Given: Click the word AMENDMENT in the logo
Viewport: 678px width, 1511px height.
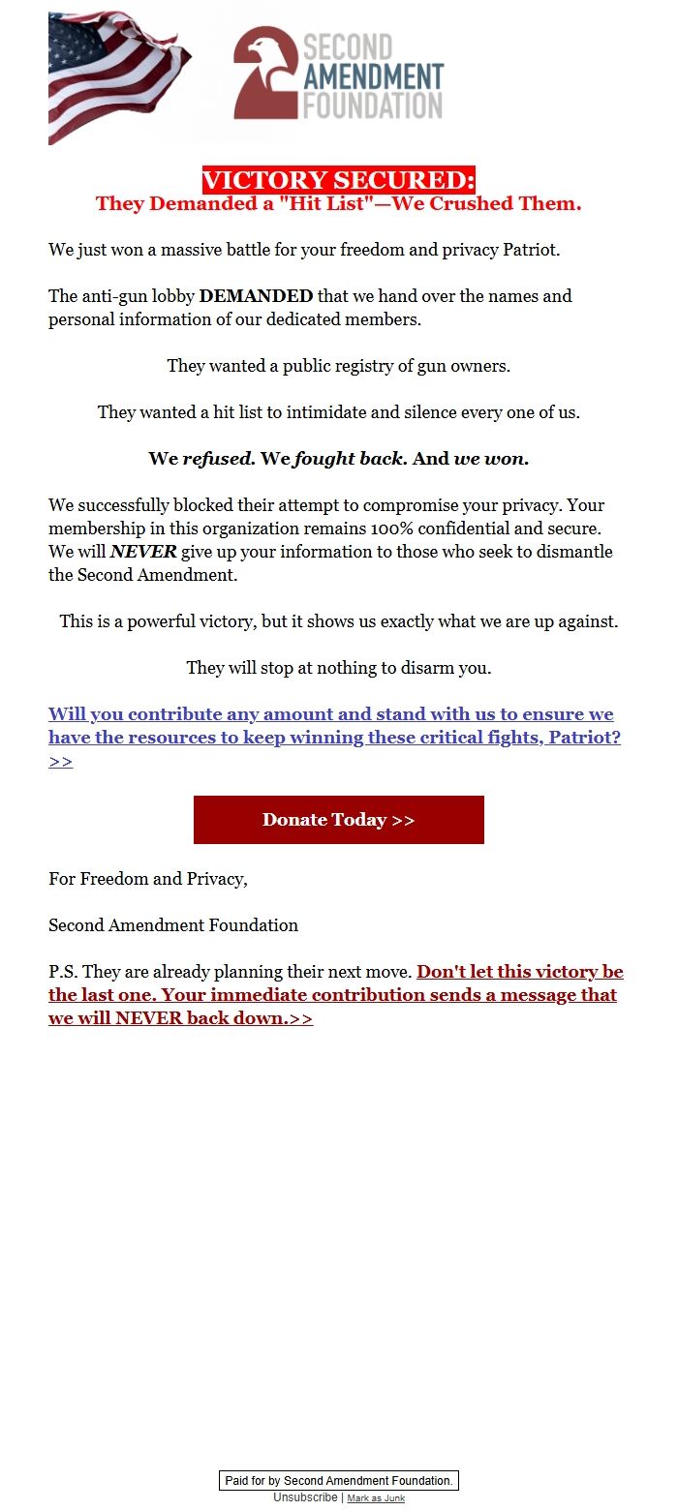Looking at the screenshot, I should point(373,76).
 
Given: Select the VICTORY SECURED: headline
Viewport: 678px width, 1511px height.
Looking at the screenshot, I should point(339,180).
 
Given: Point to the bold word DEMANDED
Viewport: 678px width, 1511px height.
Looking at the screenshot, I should point(256,296).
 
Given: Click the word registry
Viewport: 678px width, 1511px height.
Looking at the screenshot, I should point(362,366).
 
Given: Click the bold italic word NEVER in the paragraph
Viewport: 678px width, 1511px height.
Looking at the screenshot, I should point(143,552).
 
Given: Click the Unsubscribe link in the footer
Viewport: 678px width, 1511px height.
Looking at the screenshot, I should point(305,1497).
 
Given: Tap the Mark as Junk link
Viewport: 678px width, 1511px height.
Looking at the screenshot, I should point(376,1498).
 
